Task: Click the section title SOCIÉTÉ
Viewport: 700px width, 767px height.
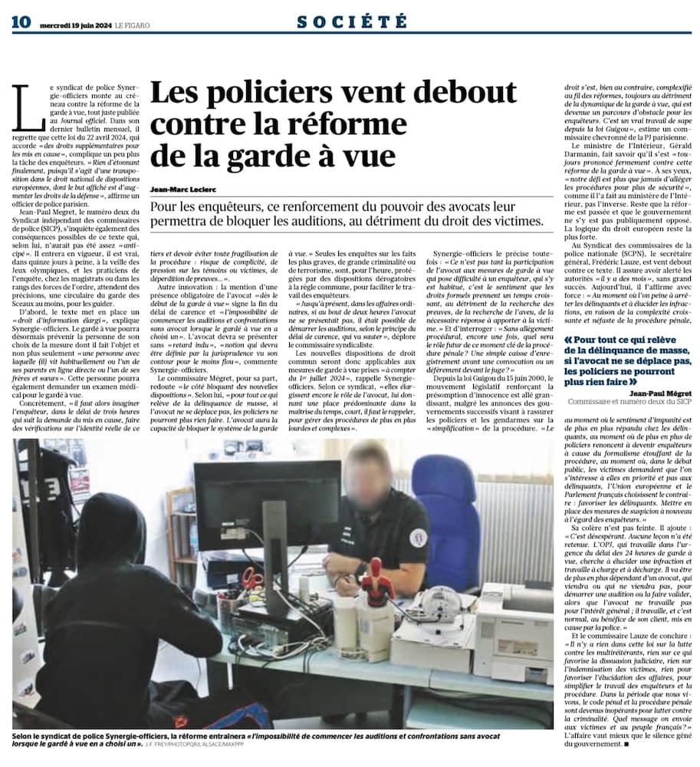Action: click(x=352, y=21)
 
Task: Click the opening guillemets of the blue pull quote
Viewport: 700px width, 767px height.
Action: click(x=568, y=340)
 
